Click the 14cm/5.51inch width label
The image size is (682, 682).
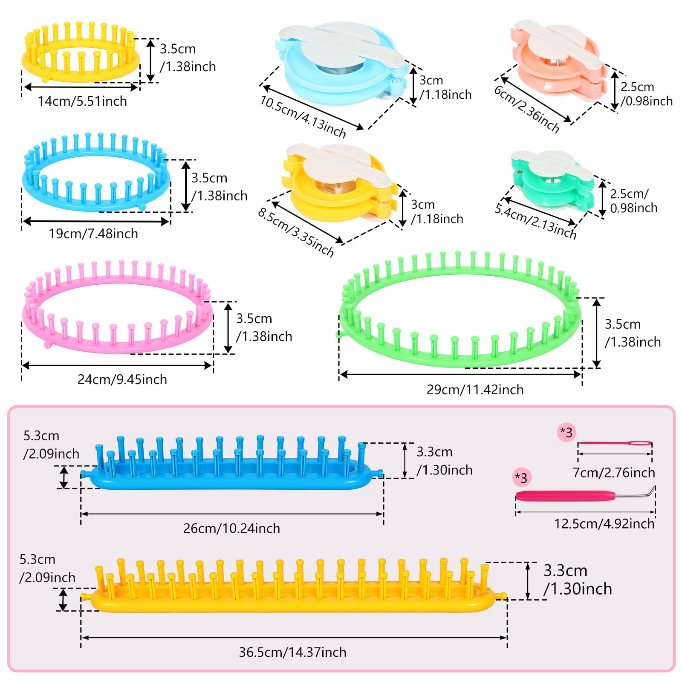(82, 101)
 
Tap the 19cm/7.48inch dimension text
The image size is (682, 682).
(93, 234)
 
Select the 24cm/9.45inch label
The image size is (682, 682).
(122, 379)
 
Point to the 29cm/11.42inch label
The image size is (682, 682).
(475, 390)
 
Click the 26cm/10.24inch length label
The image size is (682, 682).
(232, 528)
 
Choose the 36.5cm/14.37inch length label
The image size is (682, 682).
(292, 652)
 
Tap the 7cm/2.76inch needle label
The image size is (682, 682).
(614, 472)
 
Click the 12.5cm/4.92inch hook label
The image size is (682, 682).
(604, 523)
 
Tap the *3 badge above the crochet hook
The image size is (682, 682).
(521, 478)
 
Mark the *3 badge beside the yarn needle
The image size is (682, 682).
(566, 432)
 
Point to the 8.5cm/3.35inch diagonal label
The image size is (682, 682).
(296, 233)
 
